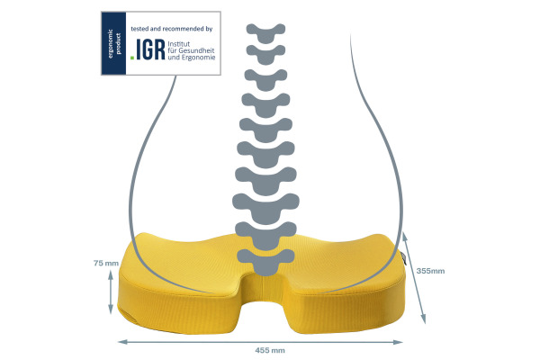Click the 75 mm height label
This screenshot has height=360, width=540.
(106, 263)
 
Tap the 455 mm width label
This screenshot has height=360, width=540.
(270, 350)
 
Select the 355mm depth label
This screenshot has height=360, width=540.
(430, 271)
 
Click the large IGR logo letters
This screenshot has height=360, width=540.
(150, 49)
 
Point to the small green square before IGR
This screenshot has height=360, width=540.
(132, 58)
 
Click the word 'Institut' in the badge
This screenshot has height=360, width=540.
(179, 44)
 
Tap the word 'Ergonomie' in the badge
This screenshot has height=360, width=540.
(198, 58)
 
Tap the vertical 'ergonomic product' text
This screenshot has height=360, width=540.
(114, 43)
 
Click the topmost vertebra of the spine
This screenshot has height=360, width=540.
(265, 33)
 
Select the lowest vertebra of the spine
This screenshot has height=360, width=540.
(265, 263)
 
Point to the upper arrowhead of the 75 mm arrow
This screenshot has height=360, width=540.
(111, 274)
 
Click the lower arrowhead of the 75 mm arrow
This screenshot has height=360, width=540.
(111, 310)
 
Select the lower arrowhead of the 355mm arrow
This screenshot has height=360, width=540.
(424, 319)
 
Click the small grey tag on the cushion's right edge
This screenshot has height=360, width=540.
(404, 258)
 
